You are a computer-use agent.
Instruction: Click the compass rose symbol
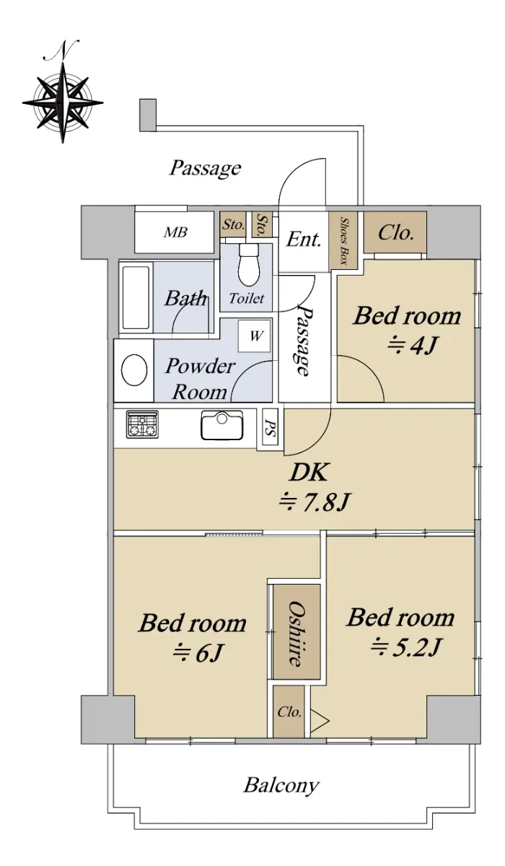(63, 102)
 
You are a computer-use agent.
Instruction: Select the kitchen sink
(221, 425)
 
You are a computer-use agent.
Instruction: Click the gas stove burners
(142, 424)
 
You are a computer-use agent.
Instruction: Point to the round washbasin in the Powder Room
(134, 369)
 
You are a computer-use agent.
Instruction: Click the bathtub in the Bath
(136, 297)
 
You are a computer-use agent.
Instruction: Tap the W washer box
(255, 336)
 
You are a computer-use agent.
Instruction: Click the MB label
(175, 232)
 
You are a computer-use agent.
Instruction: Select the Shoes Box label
(343, 240)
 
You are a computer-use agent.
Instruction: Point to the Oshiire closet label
(296, 633)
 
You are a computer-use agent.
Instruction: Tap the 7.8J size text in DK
(315, 502)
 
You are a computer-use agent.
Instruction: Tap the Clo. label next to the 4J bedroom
(395, 232)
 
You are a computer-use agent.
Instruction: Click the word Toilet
(247, 298)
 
